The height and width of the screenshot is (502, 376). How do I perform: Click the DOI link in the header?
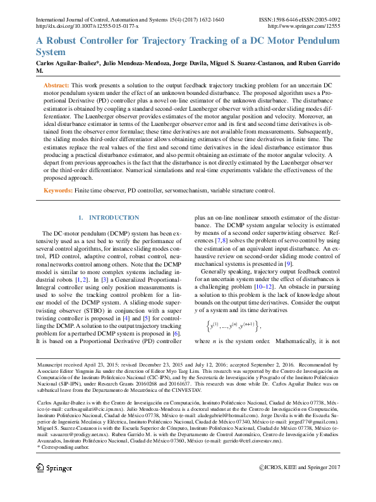coord(87,27)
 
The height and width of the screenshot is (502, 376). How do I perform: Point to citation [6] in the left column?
coord(176,333)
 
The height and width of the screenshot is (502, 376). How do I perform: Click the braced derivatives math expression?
coord(233,326)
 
